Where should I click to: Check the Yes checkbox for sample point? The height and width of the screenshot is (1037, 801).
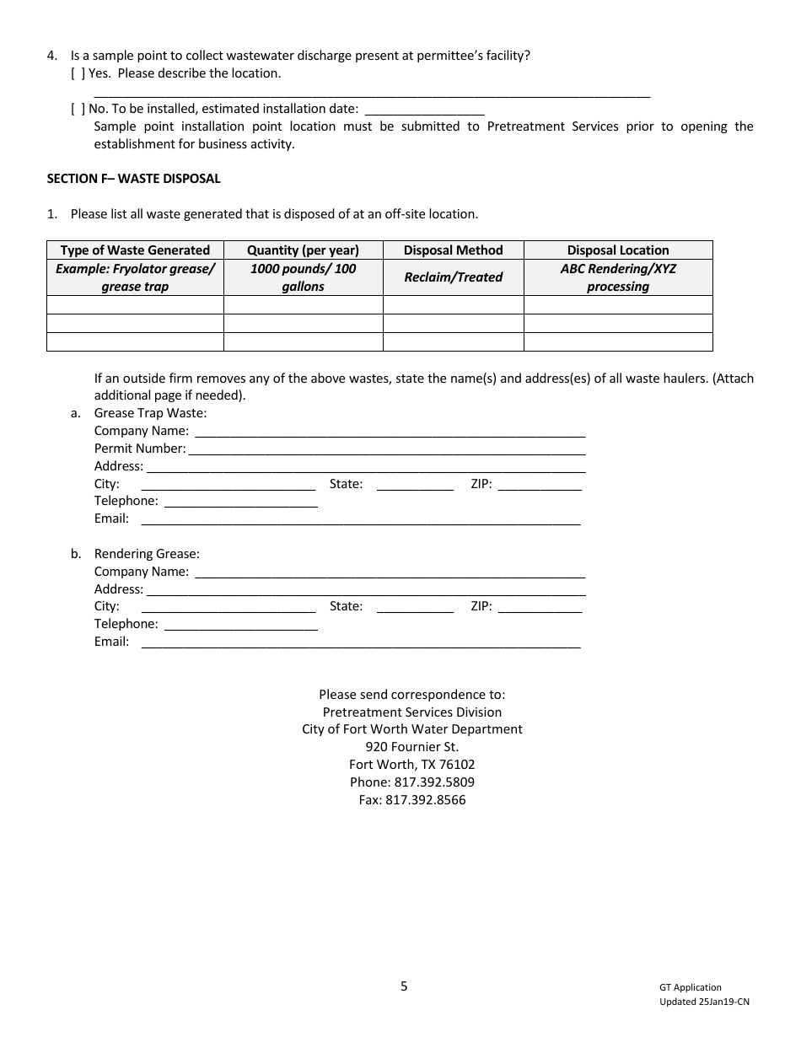[78, 73]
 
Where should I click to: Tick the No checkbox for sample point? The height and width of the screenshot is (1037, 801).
[78, 109]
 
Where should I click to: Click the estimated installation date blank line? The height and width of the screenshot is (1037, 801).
[425, 110]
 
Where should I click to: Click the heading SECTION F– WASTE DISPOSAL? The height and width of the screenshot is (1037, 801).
[133, 179]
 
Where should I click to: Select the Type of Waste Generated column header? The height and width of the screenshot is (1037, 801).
[135, 250]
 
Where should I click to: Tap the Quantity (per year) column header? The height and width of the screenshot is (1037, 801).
[303, 250]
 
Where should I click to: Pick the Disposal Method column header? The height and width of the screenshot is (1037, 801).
[453, 250]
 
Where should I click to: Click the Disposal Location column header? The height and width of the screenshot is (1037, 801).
[618, 250]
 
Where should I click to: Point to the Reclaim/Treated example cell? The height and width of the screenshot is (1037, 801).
[453, 277]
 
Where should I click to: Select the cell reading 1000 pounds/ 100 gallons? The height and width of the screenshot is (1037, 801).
[303, 277]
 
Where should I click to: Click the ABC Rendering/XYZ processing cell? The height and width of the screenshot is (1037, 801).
[618, 277]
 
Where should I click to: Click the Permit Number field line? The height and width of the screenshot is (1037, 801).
[386, 449]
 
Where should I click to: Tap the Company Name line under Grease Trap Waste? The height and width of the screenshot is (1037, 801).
[390, 432]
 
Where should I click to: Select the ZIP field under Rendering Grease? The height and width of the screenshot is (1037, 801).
[540, 607]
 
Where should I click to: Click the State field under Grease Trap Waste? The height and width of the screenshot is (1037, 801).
[415, 485]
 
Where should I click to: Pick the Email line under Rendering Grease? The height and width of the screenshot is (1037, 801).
[361, 642]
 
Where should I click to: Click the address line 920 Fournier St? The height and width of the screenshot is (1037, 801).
[412, 747]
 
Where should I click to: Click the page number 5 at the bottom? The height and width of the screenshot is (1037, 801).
[404, 986]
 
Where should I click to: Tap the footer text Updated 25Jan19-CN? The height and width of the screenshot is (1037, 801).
[704, 1002]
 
